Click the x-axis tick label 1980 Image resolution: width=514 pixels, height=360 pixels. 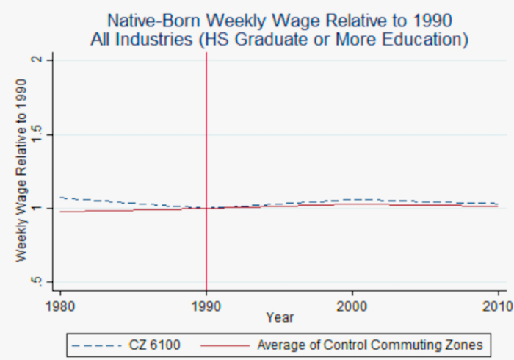pyautogui.click(x=59, y=304)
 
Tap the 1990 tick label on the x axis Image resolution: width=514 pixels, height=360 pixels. pyautogui.click(x=206, y=304)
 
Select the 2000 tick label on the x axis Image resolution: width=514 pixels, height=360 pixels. pyautogui.click(x=352, y=304)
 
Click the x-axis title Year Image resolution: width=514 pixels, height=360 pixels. pyautogui.click(x=280, y=317)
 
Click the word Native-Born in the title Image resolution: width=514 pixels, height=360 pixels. pyautogui.click(x=155, y=19)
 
